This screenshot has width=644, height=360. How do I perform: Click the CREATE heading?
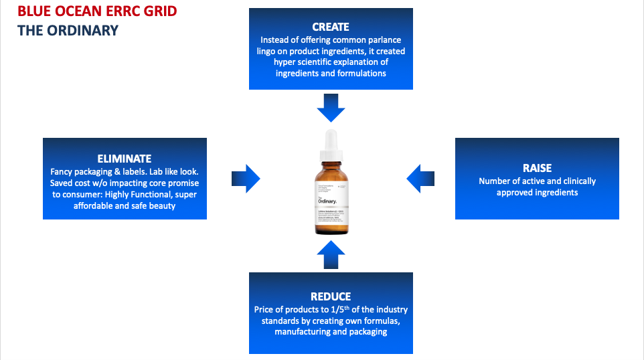click(331, 27)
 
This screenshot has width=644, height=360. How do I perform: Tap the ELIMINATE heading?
click(125, 159)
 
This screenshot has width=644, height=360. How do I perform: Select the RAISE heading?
click(537, 168)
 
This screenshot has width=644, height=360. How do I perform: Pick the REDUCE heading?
click(331, 296)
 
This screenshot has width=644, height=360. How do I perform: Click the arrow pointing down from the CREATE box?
click(331, 107)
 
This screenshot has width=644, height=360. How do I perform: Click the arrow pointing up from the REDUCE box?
click(331, 254)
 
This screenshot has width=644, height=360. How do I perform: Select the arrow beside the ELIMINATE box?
click(246, 179)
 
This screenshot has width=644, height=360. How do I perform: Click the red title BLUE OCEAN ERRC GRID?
click(97, 11)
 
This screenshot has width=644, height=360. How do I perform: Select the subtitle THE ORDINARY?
click(68, 30)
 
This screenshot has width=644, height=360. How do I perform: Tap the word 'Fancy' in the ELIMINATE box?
click(62, 171)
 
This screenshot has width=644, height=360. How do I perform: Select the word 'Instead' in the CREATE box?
click(276, 39)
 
